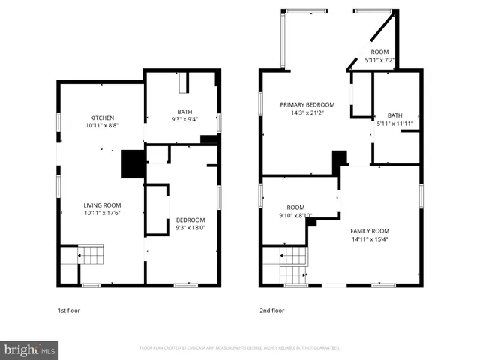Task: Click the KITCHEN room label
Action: click(x=102, y=118)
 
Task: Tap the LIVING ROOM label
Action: click(x=102, y=205)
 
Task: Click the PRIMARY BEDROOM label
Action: click(x=307, y=104)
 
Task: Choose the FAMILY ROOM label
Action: click(x=369, y=231)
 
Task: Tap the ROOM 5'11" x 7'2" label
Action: click(x=379, y=51)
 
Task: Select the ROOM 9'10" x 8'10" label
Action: click(x=295, y=208)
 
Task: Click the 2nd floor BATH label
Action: click(x=394, y=115)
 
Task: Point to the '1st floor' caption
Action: click(x=69, y=310)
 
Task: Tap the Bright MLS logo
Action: click(x=30, y=349)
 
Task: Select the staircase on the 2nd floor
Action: click(x=294, y=259)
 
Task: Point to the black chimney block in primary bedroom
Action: click(x=340, y=158)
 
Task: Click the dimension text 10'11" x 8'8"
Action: click(x=102, y=126)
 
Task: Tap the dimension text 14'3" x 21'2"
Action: click(x=307, y=113)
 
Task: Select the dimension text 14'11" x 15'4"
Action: click(x=369, y=240)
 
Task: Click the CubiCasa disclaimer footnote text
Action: click(x=240, y=348)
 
